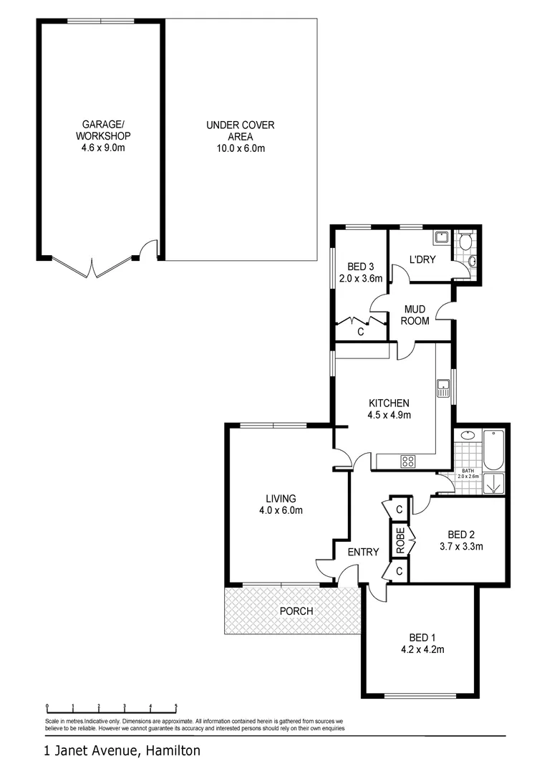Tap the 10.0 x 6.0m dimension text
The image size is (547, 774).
tap(240, 149)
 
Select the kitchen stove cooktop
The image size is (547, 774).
tap(408, 462)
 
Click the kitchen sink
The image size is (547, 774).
tap(442, 388)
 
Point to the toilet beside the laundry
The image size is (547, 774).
tap(466, 242)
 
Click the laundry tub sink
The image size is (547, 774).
tap(441, 239)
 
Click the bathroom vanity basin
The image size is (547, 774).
tap(468, 435)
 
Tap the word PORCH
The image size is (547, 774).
tap(296, 611)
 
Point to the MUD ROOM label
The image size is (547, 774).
tap(415, 315)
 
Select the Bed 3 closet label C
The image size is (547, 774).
tap(360, 332)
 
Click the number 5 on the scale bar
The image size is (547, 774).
tap(176, 706)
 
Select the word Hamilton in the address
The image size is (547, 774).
tap(173, 751)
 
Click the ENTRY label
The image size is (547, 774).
tap(363, 552)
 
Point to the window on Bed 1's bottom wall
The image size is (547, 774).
tap(420, 696)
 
